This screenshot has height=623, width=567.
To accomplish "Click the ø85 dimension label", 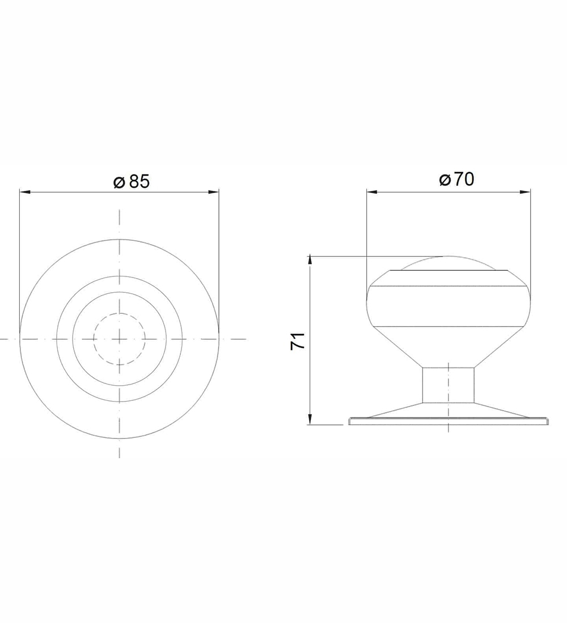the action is [132, 182].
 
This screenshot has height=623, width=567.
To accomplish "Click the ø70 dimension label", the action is [457, 179].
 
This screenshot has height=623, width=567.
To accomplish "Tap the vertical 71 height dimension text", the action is [298, 341].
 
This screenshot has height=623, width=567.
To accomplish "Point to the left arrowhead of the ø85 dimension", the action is [25, 193].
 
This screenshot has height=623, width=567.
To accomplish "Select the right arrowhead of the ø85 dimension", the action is [214, 193].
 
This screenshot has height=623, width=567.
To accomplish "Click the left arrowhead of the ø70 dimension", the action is [371, 193].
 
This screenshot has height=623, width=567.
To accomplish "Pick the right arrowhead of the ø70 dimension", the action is [525, 193].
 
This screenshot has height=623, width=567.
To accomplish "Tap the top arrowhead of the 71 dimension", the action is [310, 262].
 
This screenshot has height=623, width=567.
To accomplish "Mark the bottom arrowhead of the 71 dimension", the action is [310, 419].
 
